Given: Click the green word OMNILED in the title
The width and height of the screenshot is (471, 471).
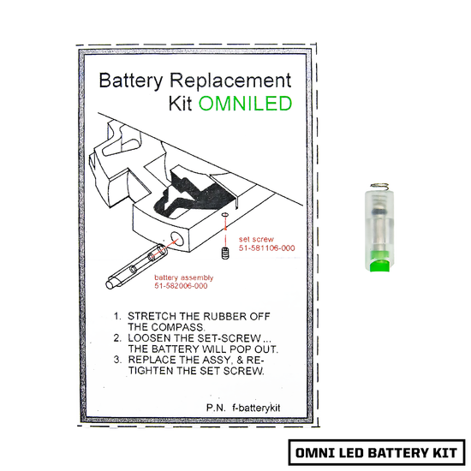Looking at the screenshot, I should [245, 104].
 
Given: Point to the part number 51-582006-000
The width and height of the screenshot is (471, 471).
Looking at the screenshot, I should [182, 287].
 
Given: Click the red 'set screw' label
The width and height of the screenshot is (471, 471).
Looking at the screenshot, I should [256, 239].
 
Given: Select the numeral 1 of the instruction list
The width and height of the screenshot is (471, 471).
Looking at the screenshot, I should [117, 315].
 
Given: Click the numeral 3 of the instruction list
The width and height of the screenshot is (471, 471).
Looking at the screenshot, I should [117, 361].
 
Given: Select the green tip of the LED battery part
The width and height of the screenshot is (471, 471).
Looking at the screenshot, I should [378, 261].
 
